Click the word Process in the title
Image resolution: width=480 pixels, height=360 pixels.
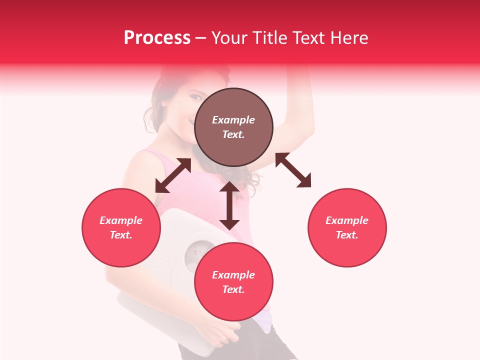[x=157, y=38]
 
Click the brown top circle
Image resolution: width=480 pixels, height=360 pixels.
[x=233, y=127]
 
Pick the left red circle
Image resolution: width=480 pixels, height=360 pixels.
[x=121, y=227]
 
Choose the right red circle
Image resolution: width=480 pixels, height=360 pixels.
[x=347, y=227]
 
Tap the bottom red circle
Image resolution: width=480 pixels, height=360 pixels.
[x=233, y=282]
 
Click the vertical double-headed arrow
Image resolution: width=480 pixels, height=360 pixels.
[x=229, y=205]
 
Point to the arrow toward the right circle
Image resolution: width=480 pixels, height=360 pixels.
[x=293, y=170]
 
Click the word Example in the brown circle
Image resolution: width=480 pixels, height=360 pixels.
[x=233, y=120]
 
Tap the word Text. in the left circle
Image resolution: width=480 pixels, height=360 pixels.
[x=121, y=235]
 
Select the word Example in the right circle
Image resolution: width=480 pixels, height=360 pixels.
[x=347, y=220]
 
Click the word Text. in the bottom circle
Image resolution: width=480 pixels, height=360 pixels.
[x=233, y=289]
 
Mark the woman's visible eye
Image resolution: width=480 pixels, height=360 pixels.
[x=196, y=95]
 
